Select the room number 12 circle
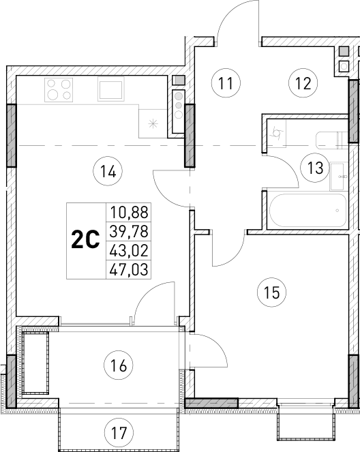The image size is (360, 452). pos(303,84)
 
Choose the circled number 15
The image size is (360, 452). pos(271,293)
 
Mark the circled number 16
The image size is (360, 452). pos(119,366)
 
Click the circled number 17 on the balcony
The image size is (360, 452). pos(119,432)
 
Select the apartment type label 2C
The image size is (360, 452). pos(85,240)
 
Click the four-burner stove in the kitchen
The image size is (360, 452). pos(59,89)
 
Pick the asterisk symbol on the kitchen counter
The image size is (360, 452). pos(153,123)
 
